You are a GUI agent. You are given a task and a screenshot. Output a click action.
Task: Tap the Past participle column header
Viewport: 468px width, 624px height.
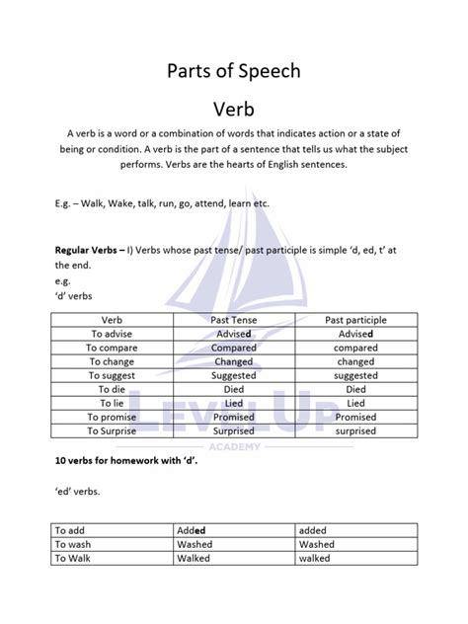[x=355, y=321]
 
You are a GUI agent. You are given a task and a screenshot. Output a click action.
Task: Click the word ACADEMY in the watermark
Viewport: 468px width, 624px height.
[x=234, y=446]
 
